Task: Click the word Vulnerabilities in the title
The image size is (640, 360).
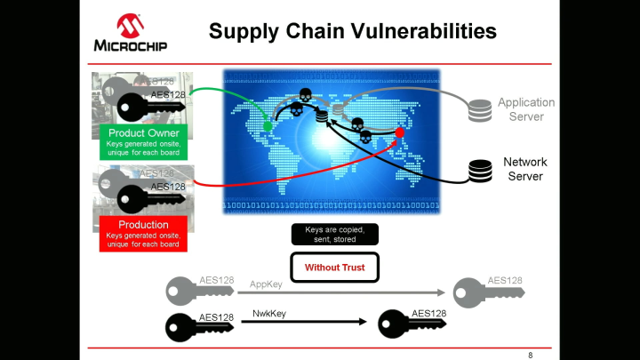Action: coord(421,32)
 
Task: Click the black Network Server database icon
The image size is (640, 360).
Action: coord(481,170)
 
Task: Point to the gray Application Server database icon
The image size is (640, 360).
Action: coord(481,110)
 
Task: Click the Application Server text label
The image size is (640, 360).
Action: coord(526,109)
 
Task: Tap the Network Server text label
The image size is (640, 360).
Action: coord(525,169)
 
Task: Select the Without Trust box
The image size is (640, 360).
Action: coord(335,268)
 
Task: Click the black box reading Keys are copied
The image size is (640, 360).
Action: coord(335,234)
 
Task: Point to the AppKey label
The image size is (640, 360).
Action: coord(267,285)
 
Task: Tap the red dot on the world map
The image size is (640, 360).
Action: coord(400,132)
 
